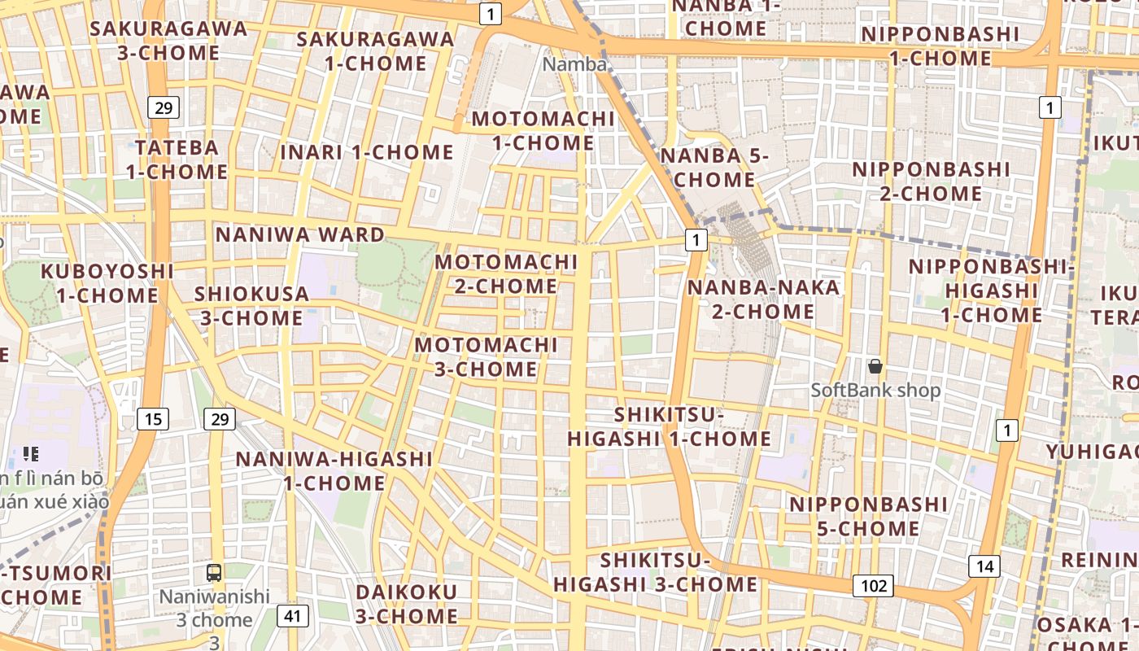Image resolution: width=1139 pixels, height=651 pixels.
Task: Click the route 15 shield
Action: tap(153, 419)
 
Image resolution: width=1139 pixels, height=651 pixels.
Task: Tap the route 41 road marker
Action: tap(293, 616)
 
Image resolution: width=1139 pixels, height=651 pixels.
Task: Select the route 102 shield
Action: tap(874, 585)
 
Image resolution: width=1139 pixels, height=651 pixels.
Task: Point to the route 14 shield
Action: tap(984, 566)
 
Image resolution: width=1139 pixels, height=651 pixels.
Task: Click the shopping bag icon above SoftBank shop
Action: tap(875, 367)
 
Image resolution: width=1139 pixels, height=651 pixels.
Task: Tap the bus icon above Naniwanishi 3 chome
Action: tap(214, 573)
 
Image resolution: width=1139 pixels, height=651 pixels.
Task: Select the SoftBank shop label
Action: tap(875, 391)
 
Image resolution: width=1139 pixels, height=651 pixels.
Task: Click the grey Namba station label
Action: tap(574, 64)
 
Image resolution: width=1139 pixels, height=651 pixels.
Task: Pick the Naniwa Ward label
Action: tap(300, 235)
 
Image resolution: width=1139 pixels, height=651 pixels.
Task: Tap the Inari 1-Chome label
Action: tap(367, 152)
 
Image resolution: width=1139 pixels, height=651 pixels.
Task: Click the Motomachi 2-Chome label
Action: tap(506, 274)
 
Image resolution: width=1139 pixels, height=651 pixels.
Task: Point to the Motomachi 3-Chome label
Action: tap(487, 357)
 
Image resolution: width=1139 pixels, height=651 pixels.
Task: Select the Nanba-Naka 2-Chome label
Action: tap(763, 299)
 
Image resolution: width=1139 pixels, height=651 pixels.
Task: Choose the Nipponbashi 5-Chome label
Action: tap(868, 517)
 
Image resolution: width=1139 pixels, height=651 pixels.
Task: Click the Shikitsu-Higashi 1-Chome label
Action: tap(669, 427)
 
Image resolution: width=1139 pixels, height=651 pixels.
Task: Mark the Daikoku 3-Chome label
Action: tap(407, 604)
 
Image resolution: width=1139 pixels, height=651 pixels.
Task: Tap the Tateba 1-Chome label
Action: tap(177, 159)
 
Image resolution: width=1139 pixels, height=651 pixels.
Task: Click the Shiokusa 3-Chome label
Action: tap(251, 306)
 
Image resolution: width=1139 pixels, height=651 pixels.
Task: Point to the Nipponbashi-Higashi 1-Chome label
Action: tap(991, 291)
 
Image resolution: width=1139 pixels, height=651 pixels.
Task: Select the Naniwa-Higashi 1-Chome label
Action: tap(334, 471)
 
